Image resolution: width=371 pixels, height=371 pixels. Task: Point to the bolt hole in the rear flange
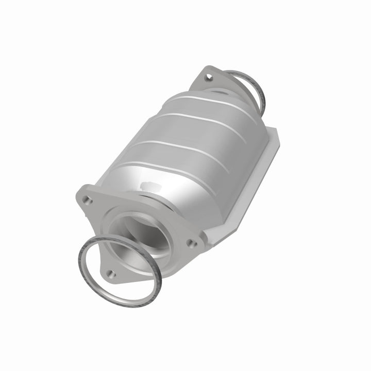[208, 78]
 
